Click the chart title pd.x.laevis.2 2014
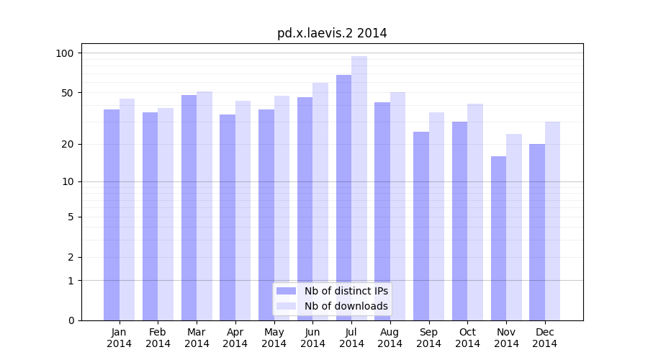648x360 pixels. pos(332,33)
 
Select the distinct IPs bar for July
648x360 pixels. pos(343,197)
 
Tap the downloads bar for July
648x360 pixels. pos(359,188)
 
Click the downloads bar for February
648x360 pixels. pos(166,214)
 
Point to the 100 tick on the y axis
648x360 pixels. pos(65,53)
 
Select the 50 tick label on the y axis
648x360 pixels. pos(68,93)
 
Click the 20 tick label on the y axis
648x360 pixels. pos(68,144)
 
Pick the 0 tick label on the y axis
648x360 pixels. pos(71,320)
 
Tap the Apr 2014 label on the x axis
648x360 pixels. pos(235,338)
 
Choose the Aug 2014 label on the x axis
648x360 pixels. pos(390,338)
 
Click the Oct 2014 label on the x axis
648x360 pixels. pos(467,338)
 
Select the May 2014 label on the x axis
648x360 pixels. pos(274,338)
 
